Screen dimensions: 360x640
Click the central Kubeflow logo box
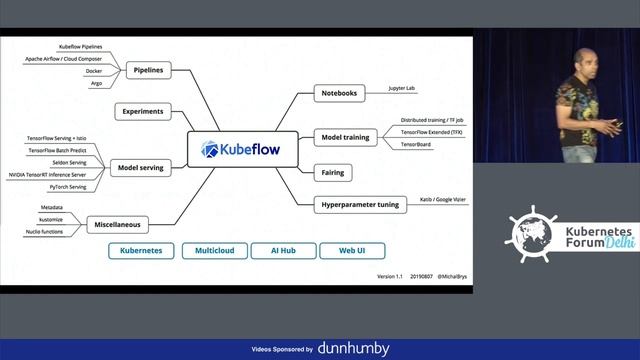coord(243,150)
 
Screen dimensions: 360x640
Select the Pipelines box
coord(149,70)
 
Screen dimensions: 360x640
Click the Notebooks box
coord(339,94)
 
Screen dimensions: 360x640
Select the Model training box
coord(346,135)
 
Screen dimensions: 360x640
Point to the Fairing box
coord(333,172)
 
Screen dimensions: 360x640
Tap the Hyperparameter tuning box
coord(360,205)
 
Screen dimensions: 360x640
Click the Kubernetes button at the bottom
coord(142,251)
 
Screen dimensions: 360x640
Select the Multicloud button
coord(214,251)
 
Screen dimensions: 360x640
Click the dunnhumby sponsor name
coord(353,348)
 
